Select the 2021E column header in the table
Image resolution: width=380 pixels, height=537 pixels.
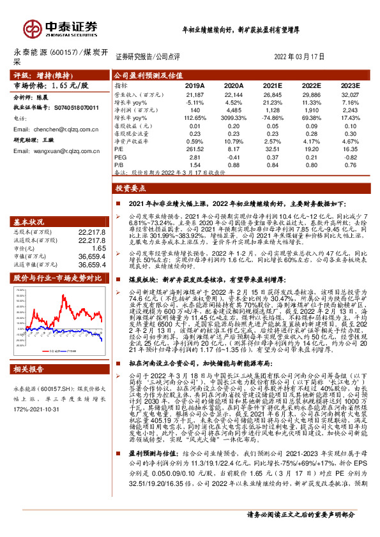point(272,84)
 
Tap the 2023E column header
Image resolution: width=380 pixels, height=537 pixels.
point(351,84)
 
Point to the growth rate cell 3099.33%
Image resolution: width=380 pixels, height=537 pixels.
point(232,118)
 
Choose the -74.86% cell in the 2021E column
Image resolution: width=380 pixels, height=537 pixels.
point(272,118)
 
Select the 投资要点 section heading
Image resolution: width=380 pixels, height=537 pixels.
point(131,189)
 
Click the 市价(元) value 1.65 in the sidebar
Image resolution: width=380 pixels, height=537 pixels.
point(97,247)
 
